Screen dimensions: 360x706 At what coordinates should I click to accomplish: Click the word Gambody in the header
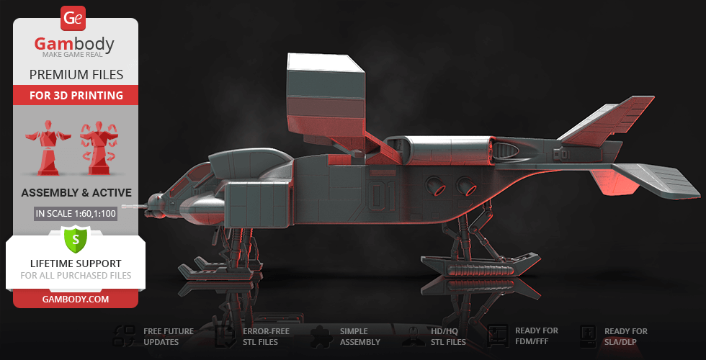click(75, 45)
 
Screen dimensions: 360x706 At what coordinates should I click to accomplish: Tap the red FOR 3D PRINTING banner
click(76, 95)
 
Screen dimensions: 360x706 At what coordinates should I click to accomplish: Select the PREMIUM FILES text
click(76, 74)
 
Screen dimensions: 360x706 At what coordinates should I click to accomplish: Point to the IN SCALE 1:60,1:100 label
click(76, 214)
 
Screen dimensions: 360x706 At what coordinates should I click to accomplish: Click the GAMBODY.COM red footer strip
click(76, 299)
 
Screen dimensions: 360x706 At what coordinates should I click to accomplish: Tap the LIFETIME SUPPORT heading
click(76, 264)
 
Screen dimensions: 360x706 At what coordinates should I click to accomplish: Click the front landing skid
click(216, 272)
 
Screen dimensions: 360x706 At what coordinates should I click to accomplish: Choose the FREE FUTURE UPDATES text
click(168, 336)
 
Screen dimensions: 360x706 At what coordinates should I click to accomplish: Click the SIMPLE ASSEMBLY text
click(360, 336)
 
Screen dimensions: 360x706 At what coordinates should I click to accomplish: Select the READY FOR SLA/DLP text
click(625, 336)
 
